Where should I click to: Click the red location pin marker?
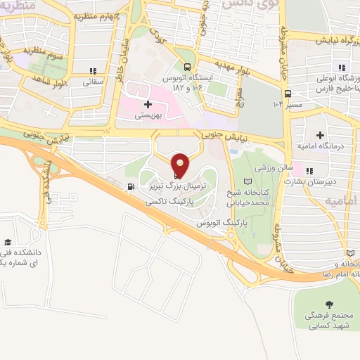[x=181, y=165]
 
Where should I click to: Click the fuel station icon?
[x=130, y=186]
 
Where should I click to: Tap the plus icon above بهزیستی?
[x=148, y=103]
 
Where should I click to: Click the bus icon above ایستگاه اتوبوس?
[x=185, y=68]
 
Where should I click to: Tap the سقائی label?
[x=93, y=82]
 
